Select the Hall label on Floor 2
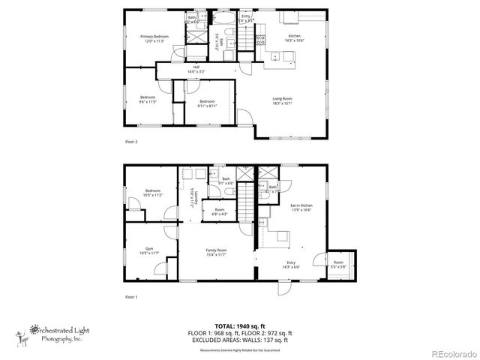pos(196,67)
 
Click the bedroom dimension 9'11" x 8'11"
pos(207,106)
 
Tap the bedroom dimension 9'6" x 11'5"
pos(148,101)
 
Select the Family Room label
pos(217,249)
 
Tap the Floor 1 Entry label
pos(289,263)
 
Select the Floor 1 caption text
pos(131,298)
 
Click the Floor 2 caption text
pos(131,140)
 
